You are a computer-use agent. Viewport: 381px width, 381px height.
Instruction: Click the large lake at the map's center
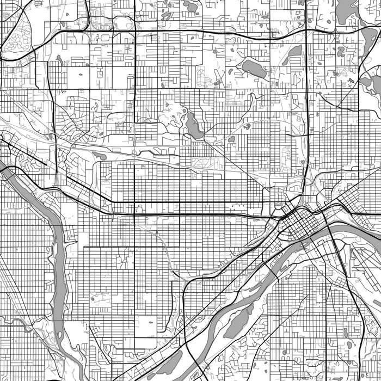193,126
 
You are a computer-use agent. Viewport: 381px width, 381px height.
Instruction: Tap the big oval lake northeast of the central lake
254,69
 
